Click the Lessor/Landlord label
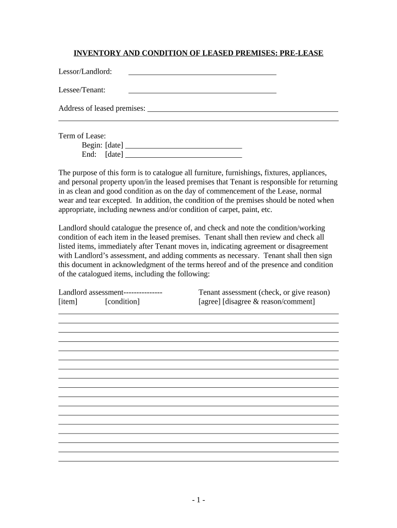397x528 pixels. coord(85,71)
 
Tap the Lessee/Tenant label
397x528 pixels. coord(82,90)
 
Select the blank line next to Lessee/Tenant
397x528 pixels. coord(202,92)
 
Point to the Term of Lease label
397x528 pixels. coord(82,136)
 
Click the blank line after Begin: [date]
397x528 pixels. coord(184,147)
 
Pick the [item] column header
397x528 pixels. coord(68,301)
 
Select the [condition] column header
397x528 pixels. coord(122,301)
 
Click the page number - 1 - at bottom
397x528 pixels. coord(198,500)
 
